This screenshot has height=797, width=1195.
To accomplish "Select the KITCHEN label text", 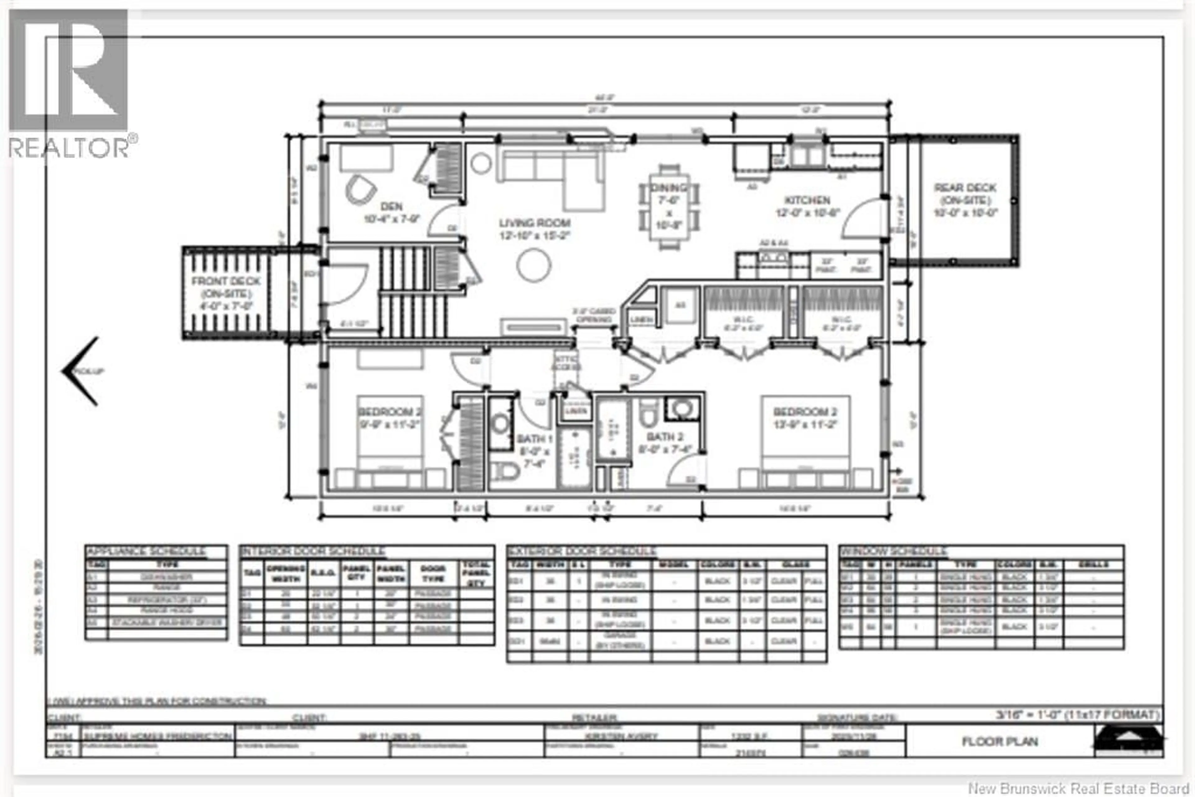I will pos(807,200).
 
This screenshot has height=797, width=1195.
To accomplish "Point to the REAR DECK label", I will pos(965,188).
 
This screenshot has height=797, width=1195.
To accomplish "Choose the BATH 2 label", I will pos(664,437).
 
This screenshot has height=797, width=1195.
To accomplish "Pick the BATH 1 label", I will pos(534,439).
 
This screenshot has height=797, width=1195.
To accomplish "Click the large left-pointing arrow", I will pos(81,371).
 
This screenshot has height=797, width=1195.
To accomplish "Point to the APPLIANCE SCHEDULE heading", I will pos(146,551).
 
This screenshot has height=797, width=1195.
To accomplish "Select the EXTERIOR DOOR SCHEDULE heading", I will pos(582,551).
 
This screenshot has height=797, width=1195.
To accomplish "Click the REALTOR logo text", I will pos(70,148).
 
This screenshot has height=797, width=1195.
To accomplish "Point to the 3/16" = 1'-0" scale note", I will pos(1078,715).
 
